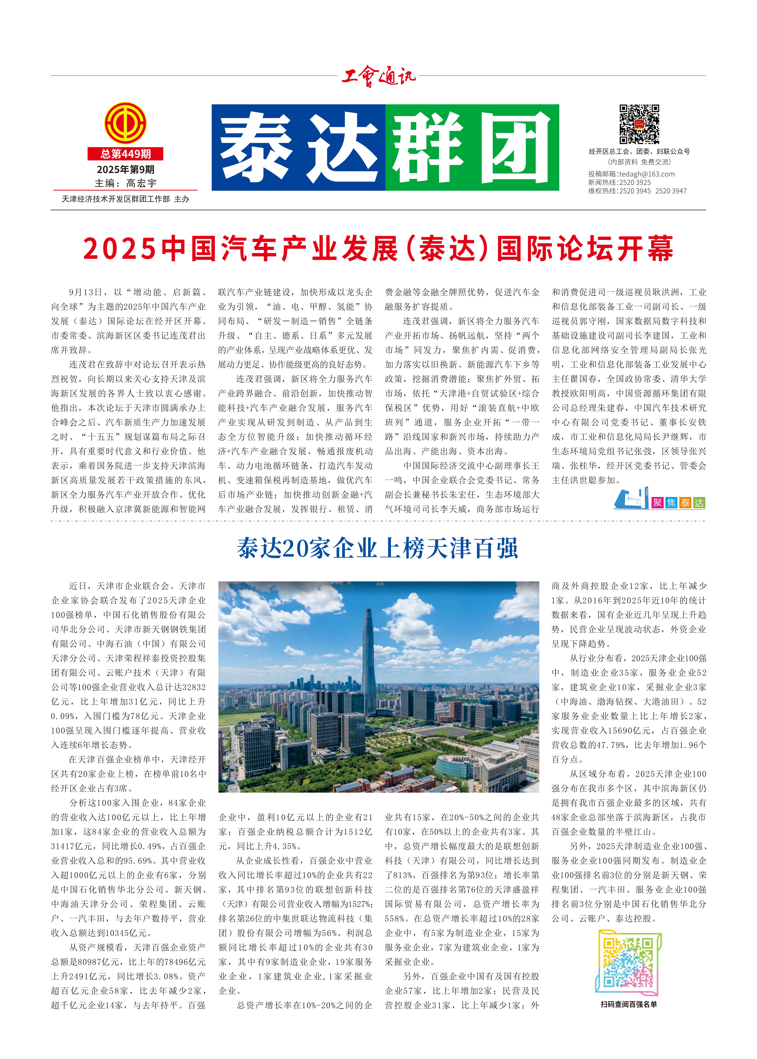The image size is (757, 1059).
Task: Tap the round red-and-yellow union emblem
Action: coord(125,123)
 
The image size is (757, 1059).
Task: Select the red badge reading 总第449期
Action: coord(125,153)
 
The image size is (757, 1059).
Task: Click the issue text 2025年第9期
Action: coord(125,169)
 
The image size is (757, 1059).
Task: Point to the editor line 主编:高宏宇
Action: coord(125,183)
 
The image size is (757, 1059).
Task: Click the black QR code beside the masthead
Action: coord(639,124)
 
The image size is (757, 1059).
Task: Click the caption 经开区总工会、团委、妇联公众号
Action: coord(639,152)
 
